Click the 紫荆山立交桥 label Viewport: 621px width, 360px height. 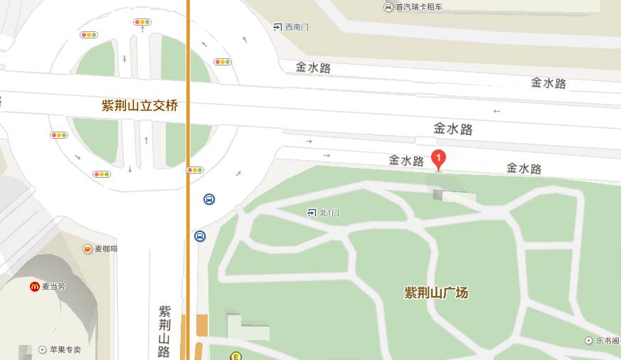tap(139, 106)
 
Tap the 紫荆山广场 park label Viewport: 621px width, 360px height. tap(436, 292)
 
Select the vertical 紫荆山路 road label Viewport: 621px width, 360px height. tap(164, 331)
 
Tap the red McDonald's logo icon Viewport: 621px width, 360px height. tap(34, 287)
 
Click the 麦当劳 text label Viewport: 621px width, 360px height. tap(53, 287)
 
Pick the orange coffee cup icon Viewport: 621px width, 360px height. tap(87, 249)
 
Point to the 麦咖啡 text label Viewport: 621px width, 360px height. tap(107, 249)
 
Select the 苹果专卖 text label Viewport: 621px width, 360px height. tap(65, 350)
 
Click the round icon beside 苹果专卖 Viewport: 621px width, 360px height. tap(43, 350)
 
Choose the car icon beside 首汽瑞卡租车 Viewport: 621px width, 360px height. tap(388, 7)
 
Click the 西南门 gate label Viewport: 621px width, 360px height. tap(297, 27)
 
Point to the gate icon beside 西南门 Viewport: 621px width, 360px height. tap(277, 27)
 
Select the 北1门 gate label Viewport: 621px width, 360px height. tap(329, 213)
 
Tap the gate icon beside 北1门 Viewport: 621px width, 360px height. tap(312, 213)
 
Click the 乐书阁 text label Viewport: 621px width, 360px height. tap(608, 341)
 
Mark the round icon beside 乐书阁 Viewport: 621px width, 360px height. tap(588, 341)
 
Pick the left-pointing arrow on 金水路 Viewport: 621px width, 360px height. tap(497, 111)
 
